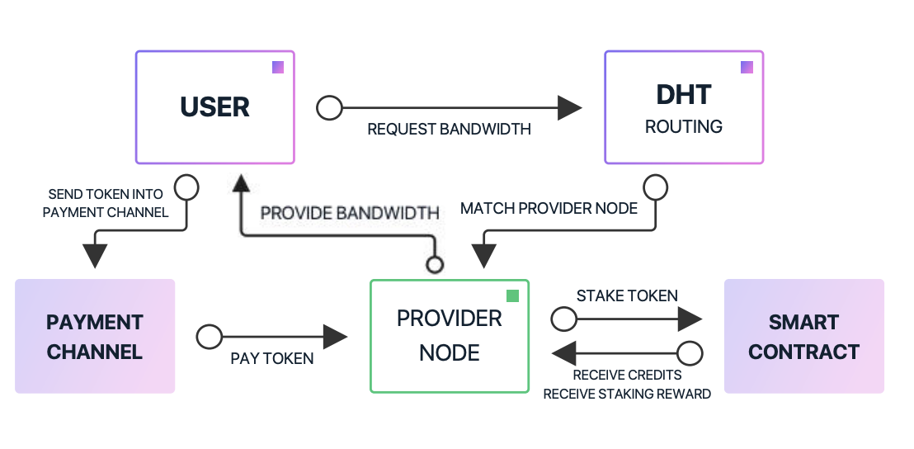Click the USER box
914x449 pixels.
click(214, 107)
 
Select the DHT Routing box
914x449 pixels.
click(683, 107)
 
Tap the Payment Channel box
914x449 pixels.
click(95, 336)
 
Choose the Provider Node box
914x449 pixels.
click(449, 336)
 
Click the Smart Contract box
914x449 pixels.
click(803, 336)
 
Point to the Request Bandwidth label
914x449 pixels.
click(449, 130)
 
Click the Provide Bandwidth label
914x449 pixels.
click(350, 213)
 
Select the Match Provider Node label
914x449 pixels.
click(549, 208)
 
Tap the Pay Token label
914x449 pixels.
click(272, 359)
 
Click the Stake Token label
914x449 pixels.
click(627, 295)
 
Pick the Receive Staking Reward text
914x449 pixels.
click(627, 394)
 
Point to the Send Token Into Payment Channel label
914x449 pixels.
click(106, 203)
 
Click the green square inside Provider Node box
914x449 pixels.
click(512, 295)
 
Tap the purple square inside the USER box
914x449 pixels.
click(278, 67)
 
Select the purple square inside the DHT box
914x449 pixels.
click(747, 67)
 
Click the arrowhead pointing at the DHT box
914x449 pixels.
click(570, 107)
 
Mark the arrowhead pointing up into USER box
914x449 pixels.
click(241, 182)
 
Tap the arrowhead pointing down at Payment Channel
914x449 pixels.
click(96, 256)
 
